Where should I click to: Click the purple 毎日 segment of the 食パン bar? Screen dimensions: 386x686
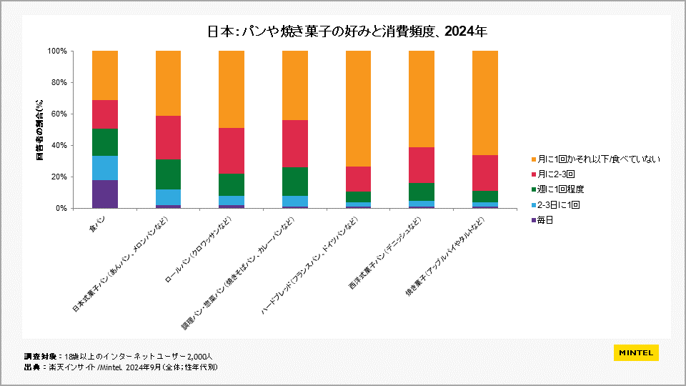click(105, 194)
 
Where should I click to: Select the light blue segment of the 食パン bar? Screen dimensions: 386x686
click(105, 168)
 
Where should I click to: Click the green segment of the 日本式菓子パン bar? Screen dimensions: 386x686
click(168, 174)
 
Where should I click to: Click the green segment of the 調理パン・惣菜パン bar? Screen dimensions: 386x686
click(294, 181)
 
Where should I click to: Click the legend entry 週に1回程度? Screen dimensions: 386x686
click(560, 189)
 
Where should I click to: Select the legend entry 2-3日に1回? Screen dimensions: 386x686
click(558, 204)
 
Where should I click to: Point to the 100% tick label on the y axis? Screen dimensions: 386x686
click(56, 51)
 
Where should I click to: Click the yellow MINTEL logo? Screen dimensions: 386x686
click(636, 353)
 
